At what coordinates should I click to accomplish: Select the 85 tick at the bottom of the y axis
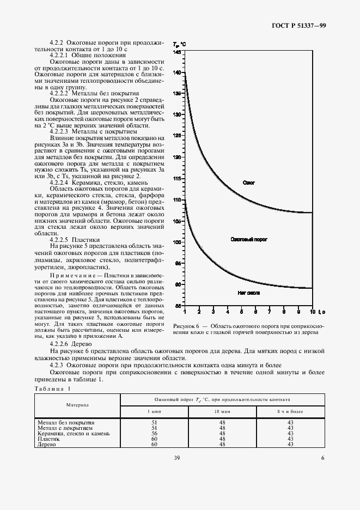pyautogui.click(x=178, y=306)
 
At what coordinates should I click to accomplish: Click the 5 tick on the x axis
pyautogui.click(x=242, y=312)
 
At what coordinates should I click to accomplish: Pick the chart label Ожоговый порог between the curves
pyautogui.click(x=249, y=239)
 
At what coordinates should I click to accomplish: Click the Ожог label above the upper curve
pyautogui.click(x=248, y=183)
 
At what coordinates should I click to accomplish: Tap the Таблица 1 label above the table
pyautogui.click(x=52, y=388)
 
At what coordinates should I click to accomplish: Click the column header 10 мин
pyautogui.click(x=222, y=410)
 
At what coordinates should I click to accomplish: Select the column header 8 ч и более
pyautogui.click(x=290, y=410)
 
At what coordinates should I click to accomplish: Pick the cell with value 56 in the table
pyautogui.click(x=153, y=433)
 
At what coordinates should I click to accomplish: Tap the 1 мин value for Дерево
pyautogui.click(x=153, y=444)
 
